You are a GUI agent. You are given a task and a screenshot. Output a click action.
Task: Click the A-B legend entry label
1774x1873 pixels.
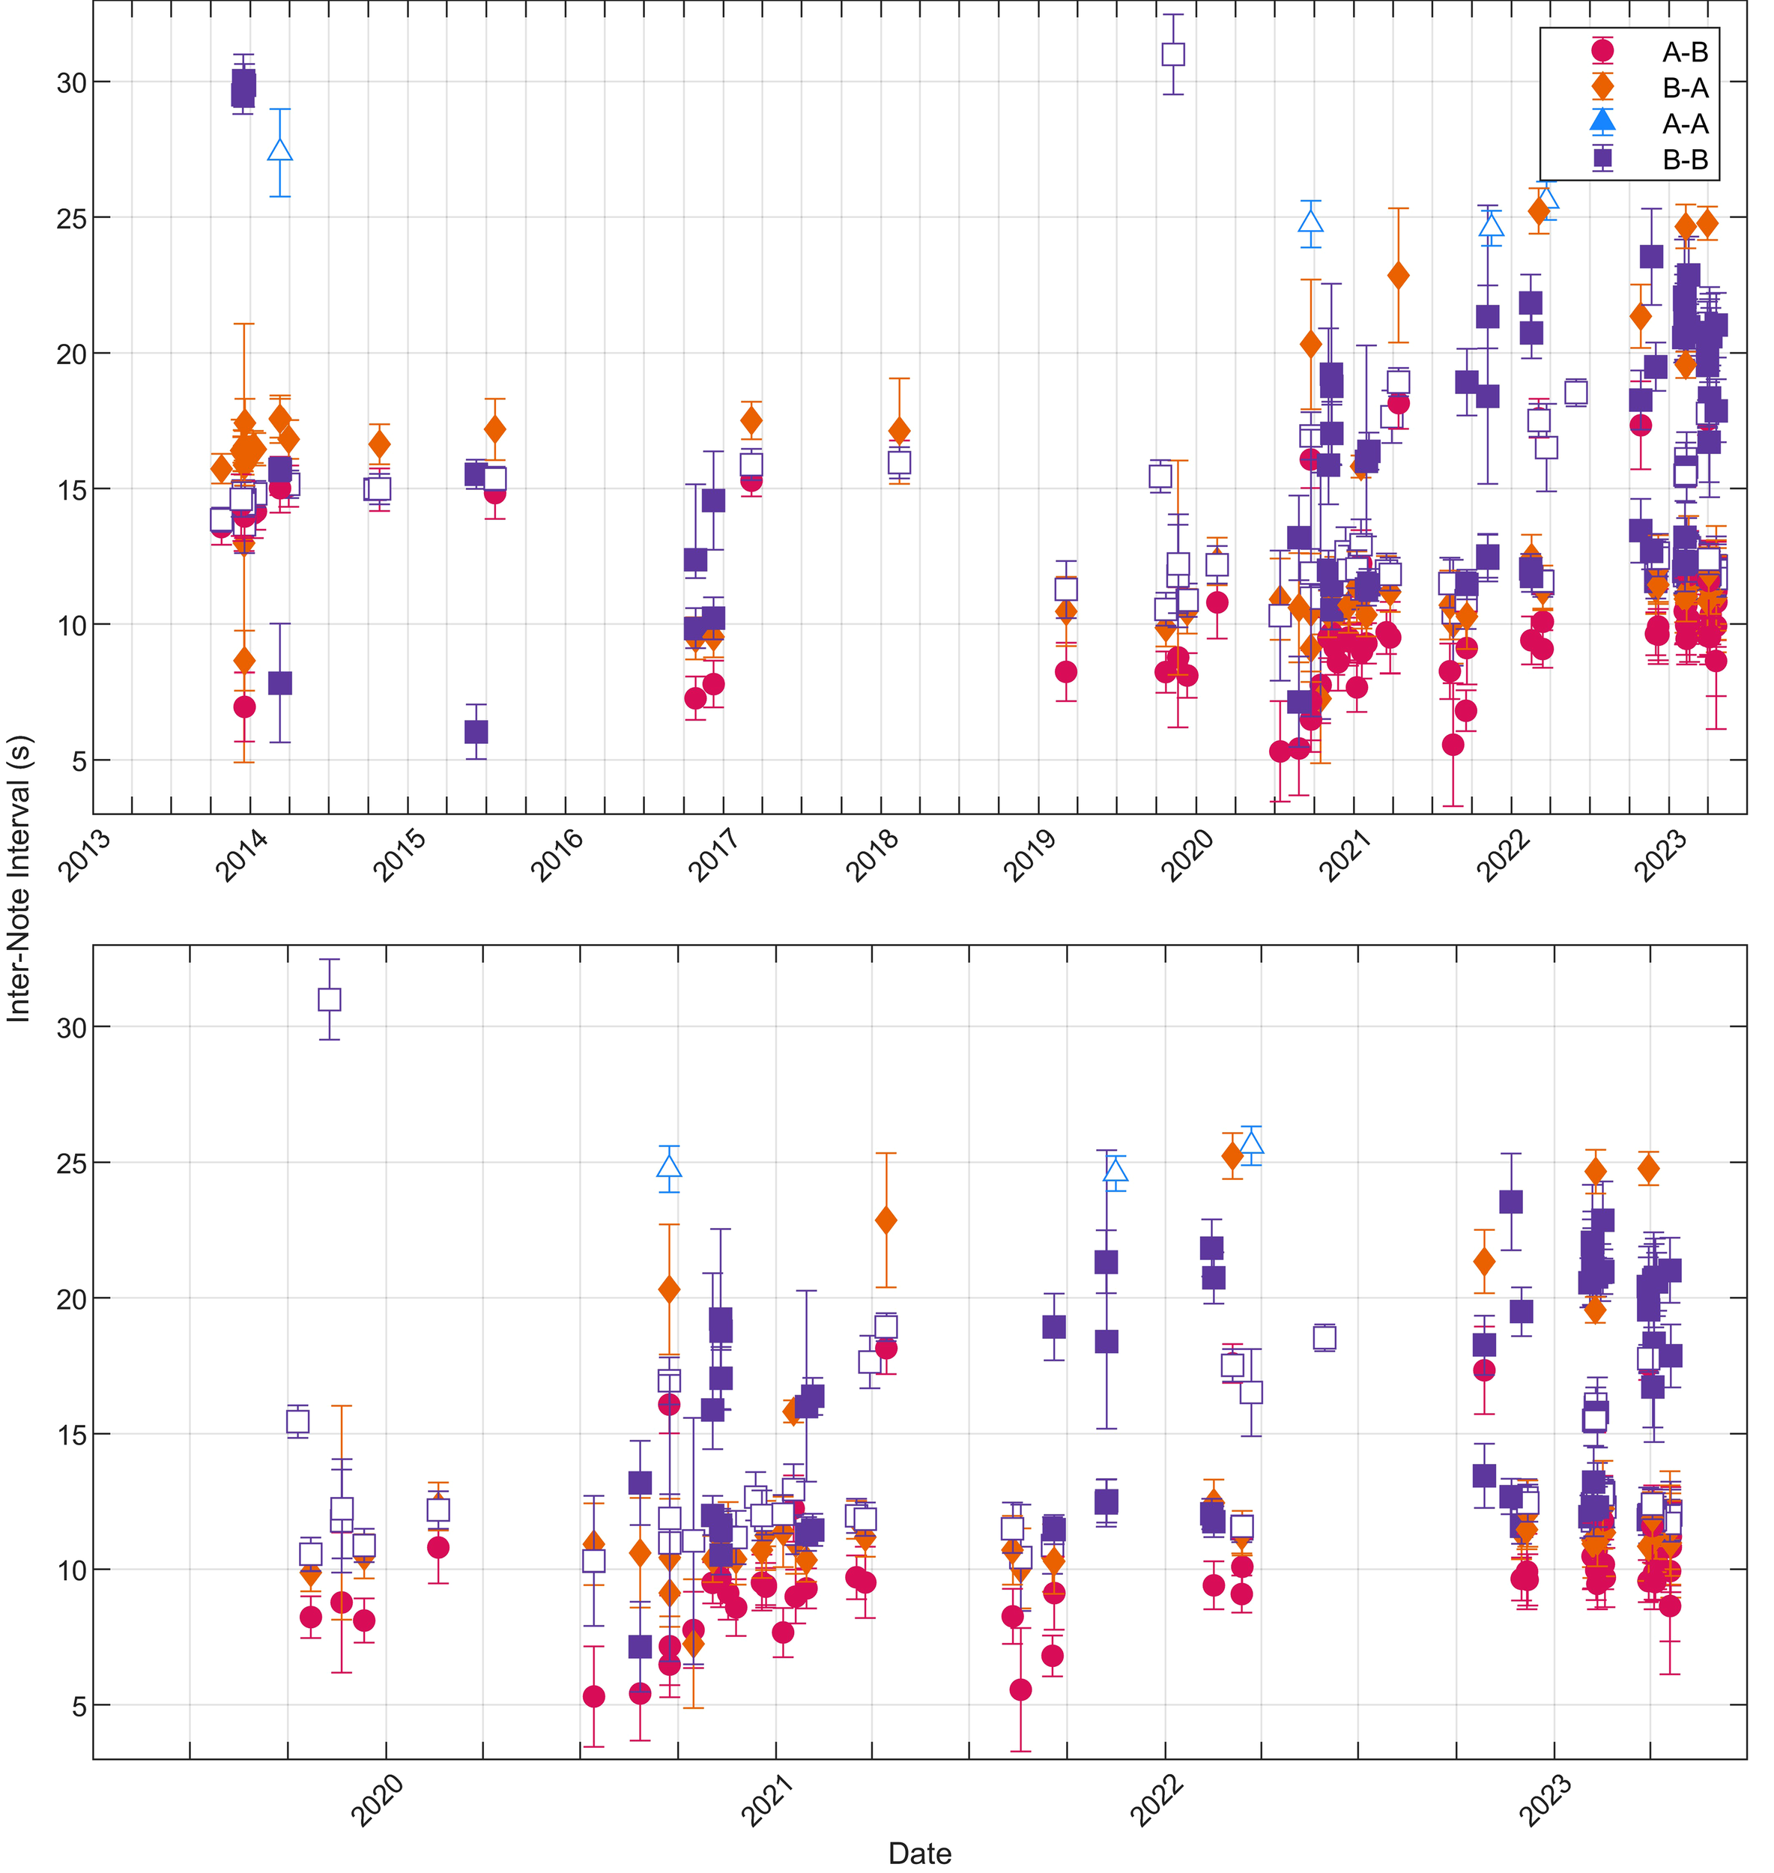pyautogui.click(x=1686, y=52)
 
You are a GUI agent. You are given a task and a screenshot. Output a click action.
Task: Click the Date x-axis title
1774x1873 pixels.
pyautogui.click(x=919, y=1852)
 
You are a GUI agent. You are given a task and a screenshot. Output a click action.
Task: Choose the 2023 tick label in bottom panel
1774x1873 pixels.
pyautogui.click(x=1546, y=1801)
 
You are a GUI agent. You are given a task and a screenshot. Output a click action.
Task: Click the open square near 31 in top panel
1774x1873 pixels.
pyautogui.click(x=1172, y=54)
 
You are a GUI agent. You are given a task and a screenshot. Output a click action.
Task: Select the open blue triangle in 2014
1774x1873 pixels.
pyautogui.click(x=280, y=151)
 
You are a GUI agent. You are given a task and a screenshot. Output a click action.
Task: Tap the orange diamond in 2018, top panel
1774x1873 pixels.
pyautogui.click(x=899, y=431)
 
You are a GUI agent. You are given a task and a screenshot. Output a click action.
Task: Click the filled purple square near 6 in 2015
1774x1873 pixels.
pyautogui.click(x=476, y=732)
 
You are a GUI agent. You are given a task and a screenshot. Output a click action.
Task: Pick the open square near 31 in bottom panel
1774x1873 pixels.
pyautogui.click(x=329, y=999)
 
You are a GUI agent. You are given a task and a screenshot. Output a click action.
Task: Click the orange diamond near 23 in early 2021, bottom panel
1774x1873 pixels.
pyautogui.click(x=886, y=1220)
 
